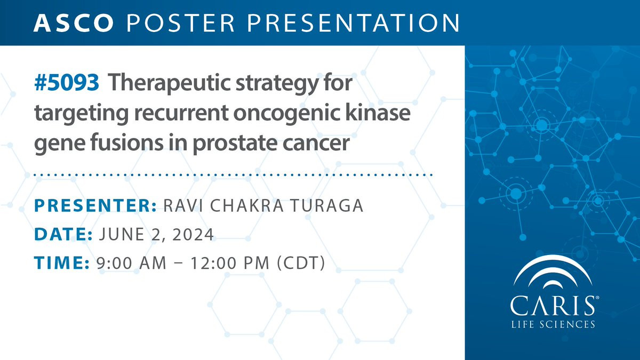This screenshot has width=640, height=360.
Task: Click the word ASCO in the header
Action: [74, 23]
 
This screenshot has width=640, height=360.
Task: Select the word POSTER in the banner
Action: [180, 23]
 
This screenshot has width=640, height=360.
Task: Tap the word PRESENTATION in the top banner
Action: [354, 23]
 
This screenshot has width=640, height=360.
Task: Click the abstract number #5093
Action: [67, 83]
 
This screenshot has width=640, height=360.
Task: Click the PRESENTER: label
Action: [95, 205]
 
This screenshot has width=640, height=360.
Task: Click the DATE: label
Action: [63, 234]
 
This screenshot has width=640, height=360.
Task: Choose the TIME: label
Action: [62, 263]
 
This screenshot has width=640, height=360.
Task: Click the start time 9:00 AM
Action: [131, 263]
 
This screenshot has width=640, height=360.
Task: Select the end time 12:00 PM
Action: [230, 263]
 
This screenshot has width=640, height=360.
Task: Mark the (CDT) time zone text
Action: [301, 263]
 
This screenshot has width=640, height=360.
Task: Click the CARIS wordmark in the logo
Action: [553, 306]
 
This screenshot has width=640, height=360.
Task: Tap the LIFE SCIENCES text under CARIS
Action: [553, 324]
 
